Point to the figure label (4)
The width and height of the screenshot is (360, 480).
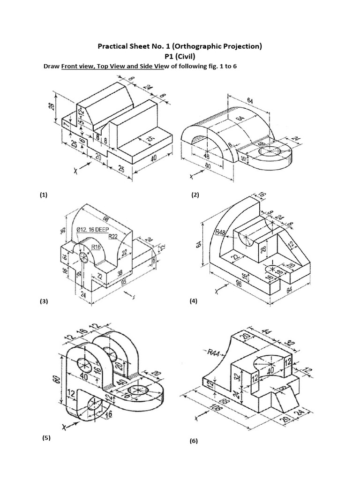(194, 302)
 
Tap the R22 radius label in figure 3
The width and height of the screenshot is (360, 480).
(113, 237)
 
